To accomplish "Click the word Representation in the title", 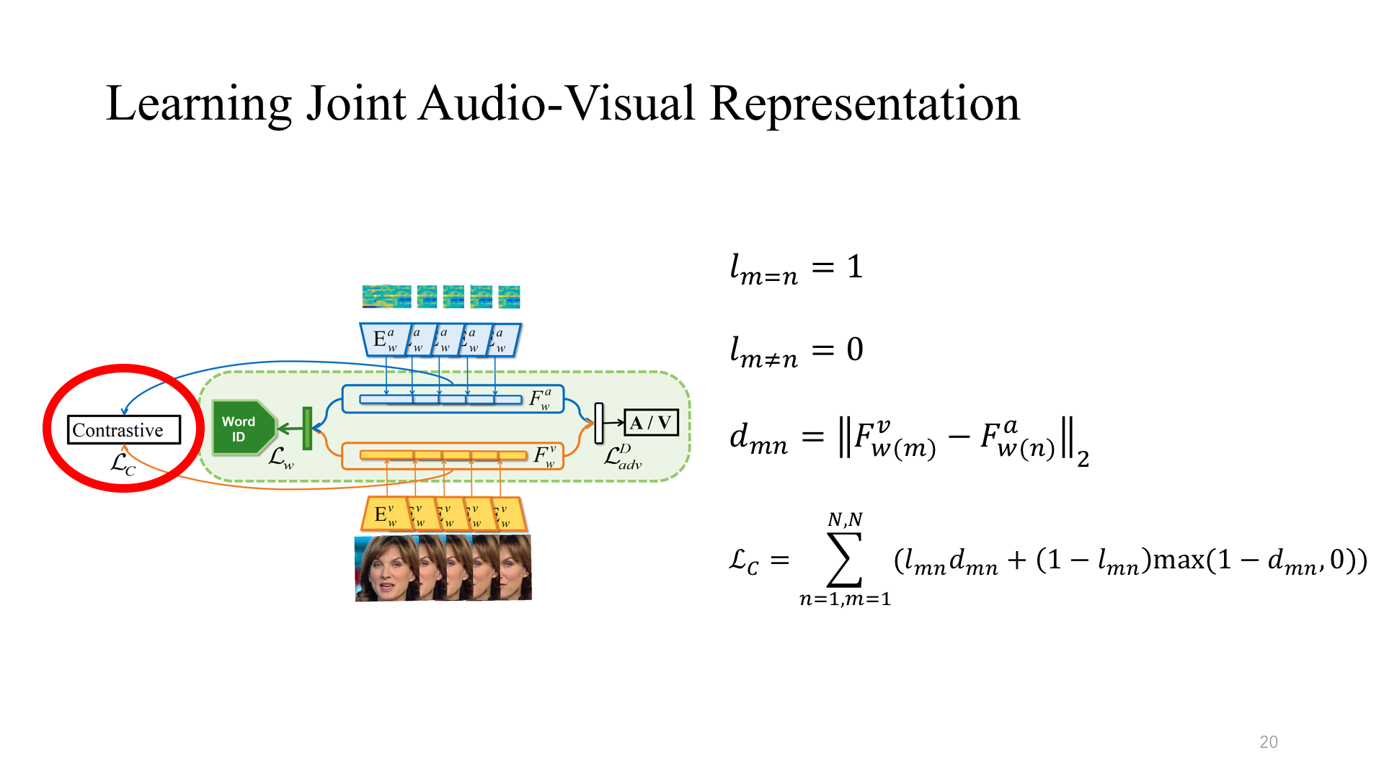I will [864, 104].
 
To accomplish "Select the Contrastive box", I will [123, 430].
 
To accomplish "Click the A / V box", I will [651, 423].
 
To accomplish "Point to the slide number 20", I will [1268, 742].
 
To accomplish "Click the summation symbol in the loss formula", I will [844, 560].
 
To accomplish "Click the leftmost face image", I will [386, 568].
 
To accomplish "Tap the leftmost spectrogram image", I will [386, 296].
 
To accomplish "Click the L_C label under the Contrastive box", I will [123, 465].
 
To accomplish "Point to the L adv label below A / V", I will [622, 457].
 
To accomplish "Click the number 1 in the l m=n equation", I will [855, 267].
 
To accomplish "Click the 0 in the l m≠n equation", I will [855, 350].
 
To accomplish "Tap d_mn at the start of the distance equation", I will [758, 438].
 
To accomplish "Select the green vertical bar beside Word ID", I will [307, 429].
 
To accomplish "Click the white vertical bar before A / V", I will [598, 424].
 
